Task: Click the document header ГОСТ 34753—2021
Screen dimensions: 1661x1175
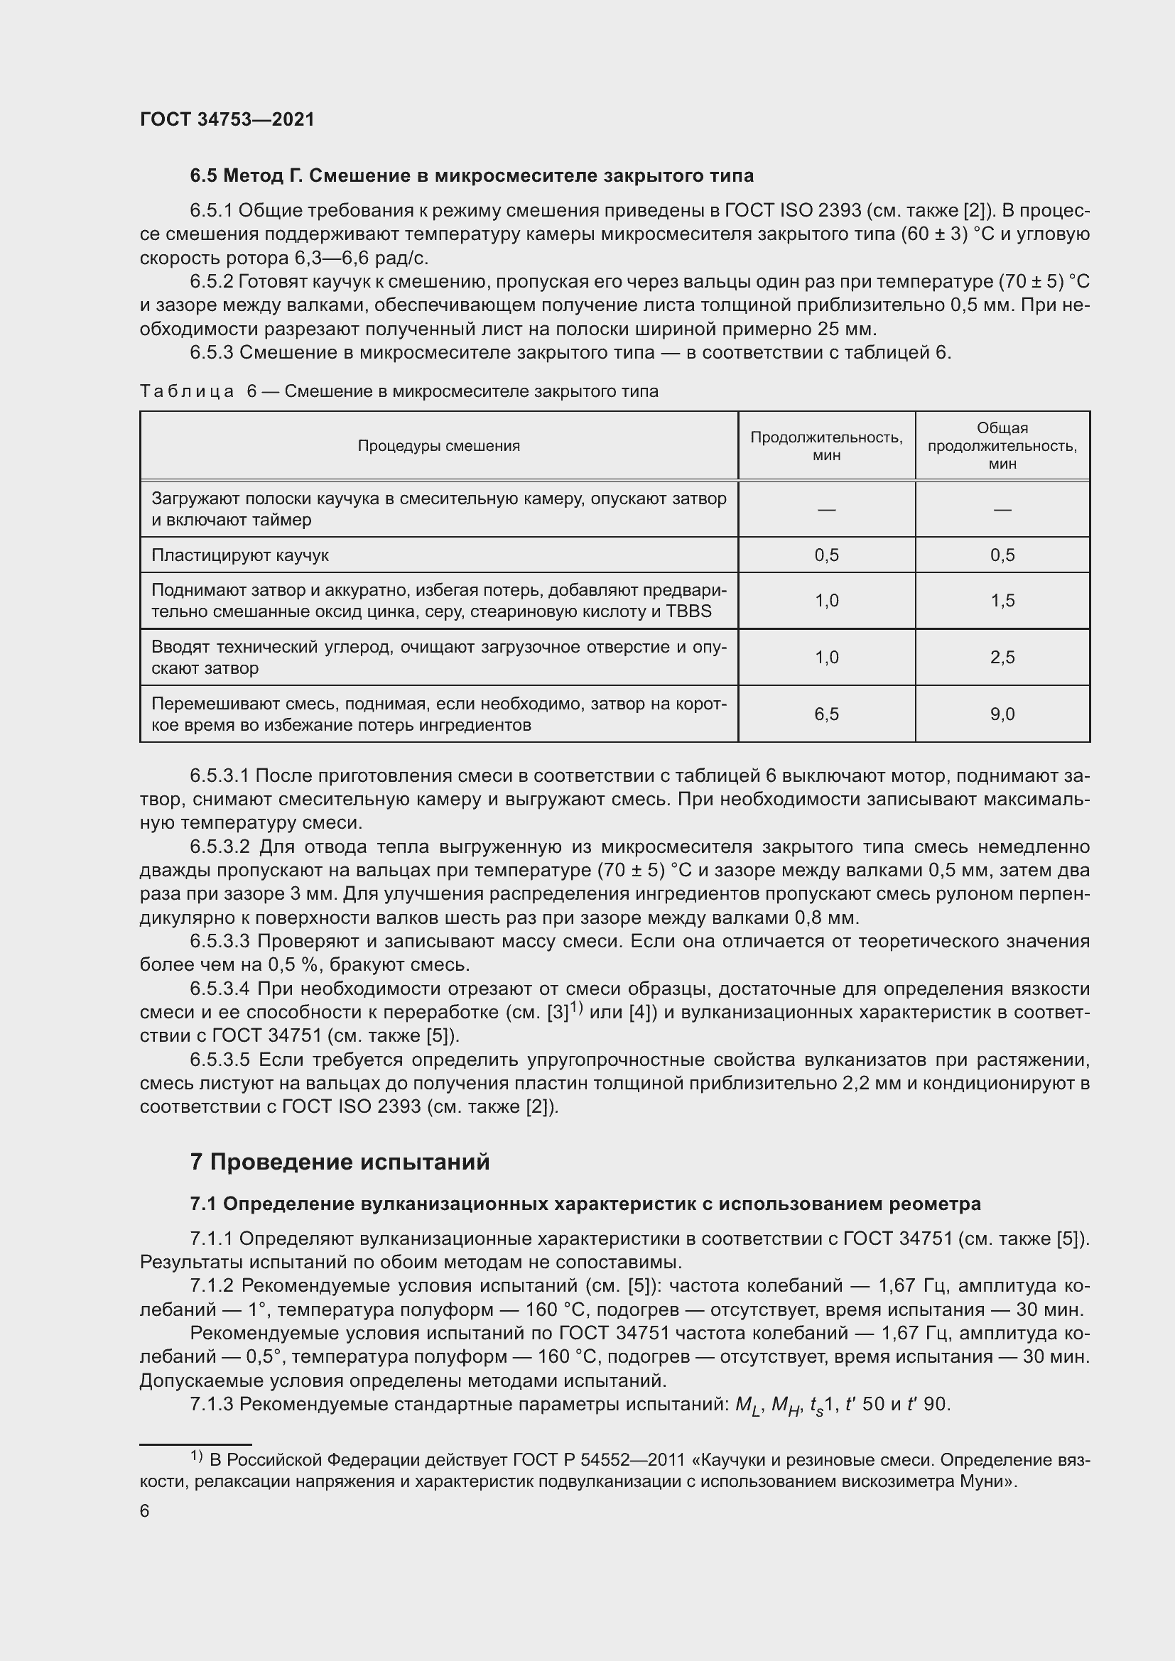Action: [x=227, y=119]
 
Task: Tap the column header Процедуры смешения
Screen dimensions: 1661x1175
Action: [x=438, y=446]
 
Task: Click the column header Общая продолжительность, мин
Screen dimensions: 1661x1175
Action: [x=1002, y=446]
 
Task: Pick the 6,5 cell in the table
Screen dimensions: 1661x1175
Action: [x=826, y=714]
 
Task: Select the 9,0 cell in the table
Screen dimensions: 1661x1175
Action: [x=1002, y=714]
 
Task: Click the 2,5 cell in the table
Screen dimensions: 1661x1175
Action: [x=1002, y=657]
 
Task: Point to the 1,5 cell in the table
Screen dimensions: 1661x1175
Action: [x=1002, y=601]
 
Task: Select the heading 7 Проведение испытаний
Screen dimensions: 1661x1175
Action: [x=340, y=1162]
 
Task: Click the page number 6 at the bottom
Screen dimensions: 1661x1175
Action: [x=145, y=1510]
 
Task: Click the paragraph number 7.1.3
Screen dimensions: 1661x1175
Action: [x=211, y=1404]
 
